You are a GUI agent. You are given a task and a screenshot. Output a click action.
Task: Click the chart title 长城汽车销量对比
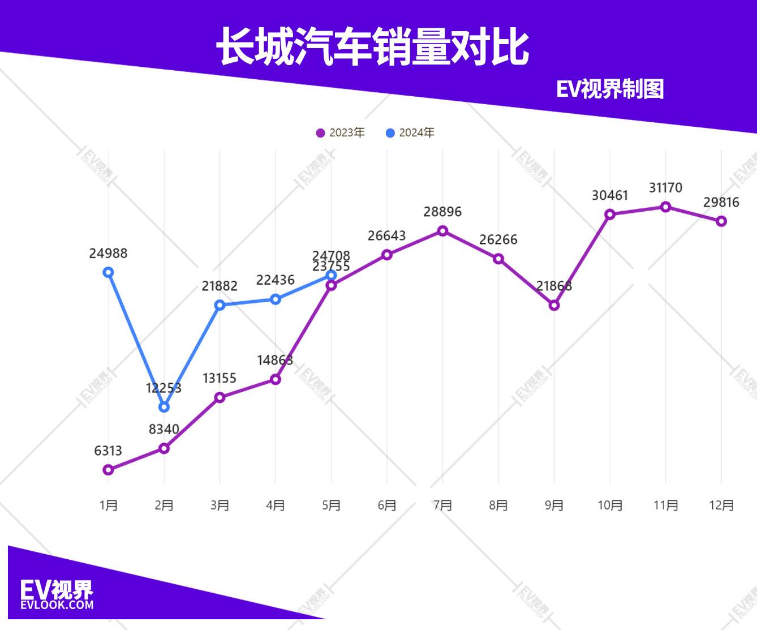pyautogui.click(x=372, y=47)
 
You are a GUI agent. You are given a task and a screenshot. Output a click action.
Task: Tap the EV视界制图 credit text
pyautogui.click(x=609, y=89)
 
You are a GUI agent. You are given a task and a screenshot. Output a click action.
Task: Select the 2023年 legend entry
pyautogui.click(x=341, y=133)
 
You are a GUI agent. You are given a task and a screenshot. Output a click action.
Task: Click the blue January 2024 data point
pyautogui.click(x=108, y=272)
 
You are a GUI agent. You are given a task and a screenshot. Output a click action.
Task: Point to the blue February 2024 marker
pyautogui.click(x=164, y=407)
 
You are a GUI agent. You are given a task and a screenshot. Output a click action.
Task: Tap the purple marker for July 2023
pyautogui.click(x=442, y=231)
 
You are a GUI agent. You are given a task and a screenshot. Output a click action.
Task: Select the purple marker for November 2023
pyautogui.click(x=665, y=207)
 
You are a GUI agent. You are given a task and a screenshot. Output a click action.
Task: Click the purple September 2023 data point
pyautogui.click(x=554, y=306)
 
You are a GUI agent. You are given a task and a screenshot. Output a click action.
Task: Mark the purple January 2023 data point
pyautogui.click(x=108, y=470)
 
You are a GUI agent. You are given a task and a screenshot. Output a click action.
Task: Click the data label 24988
pyautogui.click(x=108, y=254)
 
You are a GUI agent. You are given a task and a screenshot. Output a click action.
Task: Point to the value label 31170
pyautogui.click(x=665, y=188)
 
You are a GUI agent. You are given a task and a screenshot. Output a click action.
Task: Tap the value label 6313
pyautogui.click(x=108, y=451)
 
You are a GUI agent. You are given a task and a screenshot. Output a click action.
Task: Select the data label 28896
pyautogui.click(x=442, y=212)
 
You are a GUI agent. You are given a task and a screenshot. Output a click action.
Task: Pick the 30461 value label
pyautogui.click(x=610, y=196)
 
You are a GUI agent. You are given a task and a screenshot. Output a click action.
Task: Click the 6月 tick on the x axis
pyautogui.click(x=387, y=505)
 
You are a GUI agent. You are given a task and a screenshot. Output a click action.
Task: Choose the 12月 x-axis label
pyautogui.click(x=721, y=505)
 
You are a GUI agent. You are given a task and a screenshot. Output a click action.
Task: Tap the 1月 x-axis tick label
pyautogui.click(x=108, y=505)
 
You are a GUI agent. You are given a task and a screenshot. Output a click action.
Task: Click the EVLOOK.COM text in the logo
pyautogui.click(x=57, y=605)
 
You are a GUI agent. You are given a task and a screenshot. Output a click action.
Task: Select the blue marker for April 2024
pyautogui.click(x=276, y=299)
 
